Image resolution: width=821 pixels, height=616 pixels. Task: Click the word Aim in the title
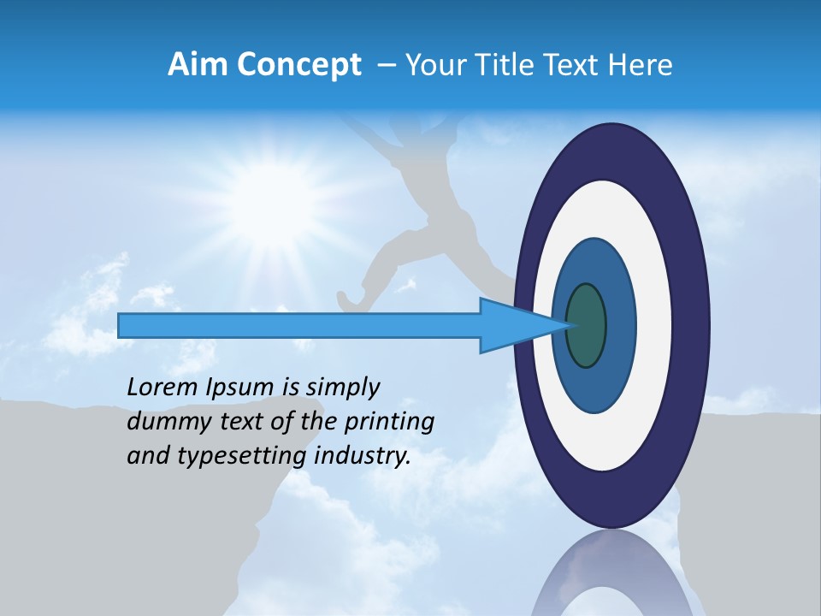[198, 65]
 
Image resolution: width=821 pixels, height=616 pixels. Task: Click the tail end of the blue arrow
[120, 325]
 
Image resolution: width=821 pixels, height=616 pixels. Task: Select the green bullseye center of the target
[586, 325]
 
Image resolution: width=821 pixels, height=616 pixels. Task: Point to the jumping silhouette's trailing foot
[346, 300]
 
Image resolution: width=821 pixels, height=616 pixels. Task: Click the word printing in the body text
[393, 423]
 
